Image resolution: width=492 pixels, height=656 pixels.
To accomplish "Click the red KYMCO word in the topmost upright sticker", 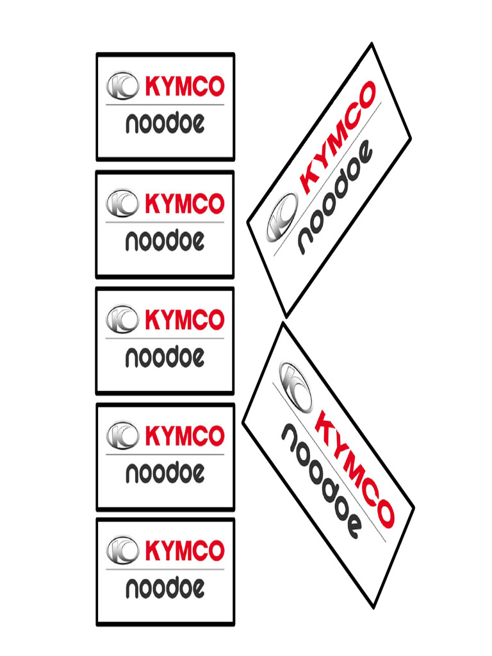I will point(184,86).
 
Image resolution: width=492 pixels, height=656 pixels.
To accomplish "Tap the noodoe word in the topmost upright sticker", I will point(165,124).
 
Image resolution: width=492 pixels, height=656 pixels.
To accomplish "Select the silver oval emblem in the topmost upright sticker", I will point(122,86).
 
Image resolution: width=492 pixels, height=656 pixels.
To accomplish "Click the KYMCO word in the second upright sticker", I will point(184,204).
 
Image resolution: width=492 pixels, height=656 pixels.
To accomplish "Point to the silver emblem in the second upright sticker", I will point(122,203).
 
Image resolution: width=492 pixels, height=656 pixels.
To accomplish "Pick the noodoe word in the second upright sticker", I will point(165,241).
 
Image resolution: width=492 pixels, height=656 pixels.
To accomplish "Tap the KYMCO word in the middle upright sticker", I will point(184,319).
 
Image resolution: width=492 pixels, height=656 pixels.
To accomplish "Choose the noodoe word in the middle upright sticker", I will point(165,357).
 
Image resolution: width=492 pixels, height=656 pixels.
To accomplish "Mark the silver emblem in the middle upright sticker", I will point(122,318).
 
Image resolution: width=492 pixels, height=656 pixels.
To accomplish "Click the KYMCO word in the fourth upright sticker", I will point(184,436).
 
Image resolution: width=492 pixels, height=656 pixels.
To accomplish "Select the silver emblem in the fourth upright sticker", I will point(122,435).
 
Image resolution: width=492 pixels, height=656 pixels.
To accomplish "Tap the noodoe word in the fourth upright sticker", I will point(165,473).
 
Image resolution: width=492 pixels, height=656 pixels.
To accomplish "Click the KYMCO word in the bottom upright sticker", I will point(184,550).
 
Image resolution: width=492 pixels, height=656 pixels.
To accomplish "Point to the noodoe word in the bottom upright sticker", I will point(165,587).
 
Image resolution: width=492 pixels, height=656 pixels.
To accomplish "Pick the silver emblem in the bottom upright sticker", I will point(122,550).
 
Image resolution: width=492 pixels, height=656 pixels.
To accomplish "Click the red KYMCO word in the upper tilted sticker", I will point(337,138).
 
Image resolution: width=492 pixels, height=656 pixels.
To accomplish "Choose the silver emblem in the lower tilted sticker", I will point(295,385).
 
